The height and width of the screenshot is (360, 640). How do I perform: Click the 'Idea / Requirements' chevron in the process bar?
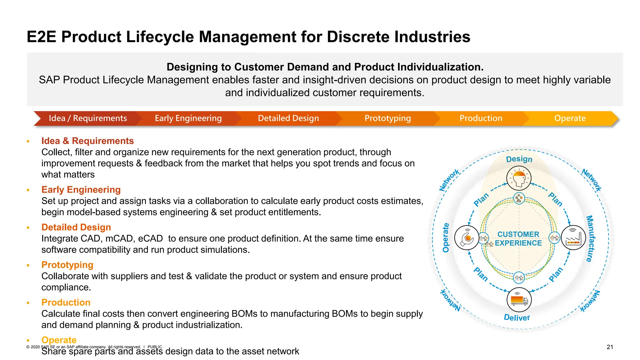click(87, 118)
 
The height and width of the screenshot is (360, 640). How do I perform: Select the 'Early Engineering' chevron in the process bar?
click(188, 118)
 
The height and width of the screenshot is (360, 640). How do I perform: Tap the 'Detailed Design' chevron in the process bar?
click(288, 118)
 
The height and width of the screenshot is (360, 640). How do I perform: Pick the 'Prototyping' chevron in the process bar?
click(387, 118)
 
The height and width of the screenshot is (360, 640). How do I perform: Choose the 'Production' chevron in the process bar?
click(481, 118)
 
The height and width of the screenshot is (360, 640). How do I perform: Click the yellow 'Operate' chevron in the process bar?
click(570, 118)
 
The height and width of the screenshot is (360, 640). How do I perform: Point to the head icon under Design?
click(519, 178)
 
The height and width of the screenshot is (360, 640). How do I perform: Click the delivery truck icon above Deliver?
click(519, 300)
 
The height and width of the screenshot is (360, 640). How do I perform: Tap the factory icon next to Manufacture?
click(573, 238)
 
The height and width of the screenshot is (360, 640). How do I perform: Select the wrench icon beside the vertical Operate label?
click(467, 238)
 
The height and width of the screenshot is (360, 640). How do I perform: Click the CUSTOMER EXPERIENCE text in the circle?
click(518, 239)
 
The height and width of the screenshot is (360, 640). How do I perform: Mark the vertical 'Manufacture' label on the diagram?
click(590, 238)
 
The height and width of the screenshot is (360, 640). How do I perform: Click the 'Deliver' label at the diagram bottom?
click(517, 318)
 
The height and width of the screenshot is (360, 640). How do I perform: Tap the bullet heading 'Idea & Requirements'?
click(87, 141)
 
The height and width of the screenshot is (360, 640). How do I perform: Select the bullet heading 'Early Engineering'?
click(81, 190)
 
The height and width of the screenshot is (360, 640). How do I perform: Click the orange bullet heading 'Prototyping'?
click(67, 265)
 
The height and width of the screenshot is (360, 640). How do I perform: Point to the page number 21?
click(610, 347)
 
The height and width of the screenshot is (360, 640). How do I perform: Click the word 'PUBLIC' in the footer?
click(155, 347)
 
